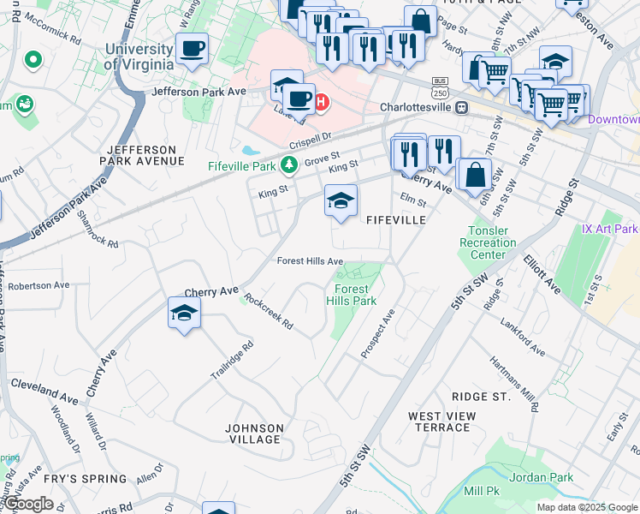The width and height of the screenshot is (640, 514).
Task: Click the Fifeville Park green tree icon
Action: (x=290, y=164)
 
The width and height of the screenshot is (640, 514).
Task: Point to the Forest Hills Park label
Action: (x=352, y=296)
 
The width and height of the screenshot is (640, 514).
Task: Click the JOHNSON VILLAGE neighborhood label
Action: (x=253, y=433)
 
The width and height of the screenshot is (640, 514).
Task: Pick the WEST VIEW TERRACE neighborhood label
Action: (x=441, y=421)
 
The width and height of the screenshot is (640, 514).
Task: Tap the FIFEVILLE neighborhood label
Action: (x=396, y=220)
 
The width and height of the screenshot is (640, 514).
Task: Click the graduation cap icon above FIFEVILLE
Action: (x=341, y=201)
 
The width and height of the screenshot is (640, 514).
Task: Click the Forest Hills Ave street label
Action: (x=309, y=261)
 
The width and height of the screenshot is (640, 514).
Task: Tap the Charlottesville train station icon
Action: (x=462, y=108)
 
